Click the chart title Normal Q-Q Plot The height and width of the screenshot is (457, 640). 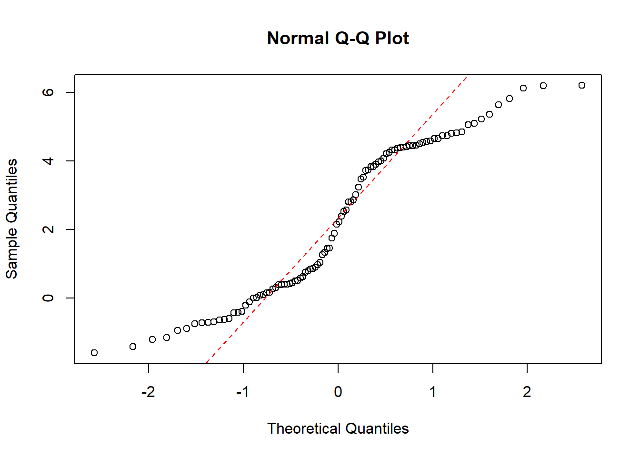click(338, 38)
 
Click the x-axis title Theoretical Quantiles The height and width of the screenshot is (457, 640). click(338, 428)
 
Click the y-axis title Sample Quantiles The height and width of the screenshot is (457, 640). click(11, 219)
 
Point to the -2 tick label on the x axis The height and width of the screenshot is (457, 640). click(148, 392)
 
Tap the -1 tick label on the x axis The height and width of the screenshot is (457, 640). click(243, 392)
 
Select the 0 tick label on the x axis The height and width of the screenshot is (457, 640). click(338, 392)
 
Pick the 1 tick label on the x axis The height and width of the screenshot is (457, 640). click(432, 392)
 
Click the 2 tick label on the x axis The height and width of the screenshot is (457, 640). click(527, 392)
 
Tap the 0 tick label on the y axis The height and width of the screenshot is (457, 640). click(48, 298)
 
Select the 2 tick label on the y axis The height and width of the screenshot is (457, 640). click(48, 229)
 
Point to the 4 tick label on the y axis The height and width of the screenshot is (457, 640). click(48, 161)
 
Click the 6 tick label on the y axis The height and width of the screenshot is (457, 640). click(48, 92)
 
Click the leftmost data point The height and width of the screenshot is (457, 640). click(94, 353)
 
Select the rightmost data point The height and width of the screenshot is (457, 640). click(581, 85)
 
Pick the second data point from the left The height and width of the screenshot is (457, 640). click(133, 347)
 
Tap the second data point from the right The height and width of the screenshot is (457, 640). click(543, 86)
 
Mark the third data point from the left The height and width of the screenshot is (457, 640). click(152, 339)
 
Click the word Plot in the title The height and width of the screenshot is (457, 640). click(392, 38)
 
